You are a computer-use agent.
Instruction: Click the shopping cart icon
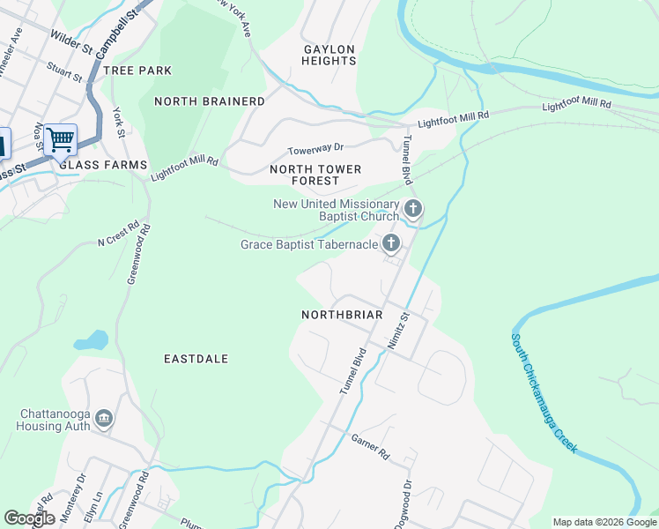(x=60, y=139)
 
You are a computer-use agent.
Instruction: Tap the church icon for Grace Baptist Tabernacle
(x=391, y=244)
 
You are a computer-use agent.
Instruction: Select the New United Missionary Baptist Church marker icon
(x=413, y=210)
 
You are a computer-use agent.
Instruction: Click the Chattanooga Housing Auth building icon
(x=104, y=418)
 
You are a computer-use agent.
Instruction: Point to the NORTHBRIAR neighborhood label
(x=342, y=315)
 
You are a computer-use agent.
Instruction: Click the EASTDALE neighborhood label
(x=196, y=359)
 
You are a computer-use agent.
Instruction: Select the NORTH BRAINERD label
(x=209, y=101)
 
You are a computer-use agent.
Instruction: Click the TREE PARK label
(x=137, y=70)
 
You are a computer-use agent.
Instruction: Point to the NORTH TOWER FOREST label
(x=304, y=175)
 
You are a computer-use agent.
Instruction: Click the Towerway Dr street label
(x=315, y=150)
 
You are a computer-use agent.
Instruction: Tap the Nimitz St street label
(x=399, y=330)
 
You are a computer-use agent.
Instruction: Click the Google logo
(x=29, y=518)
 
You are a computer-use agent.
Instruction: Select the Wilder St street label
(x=71, y=39)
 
